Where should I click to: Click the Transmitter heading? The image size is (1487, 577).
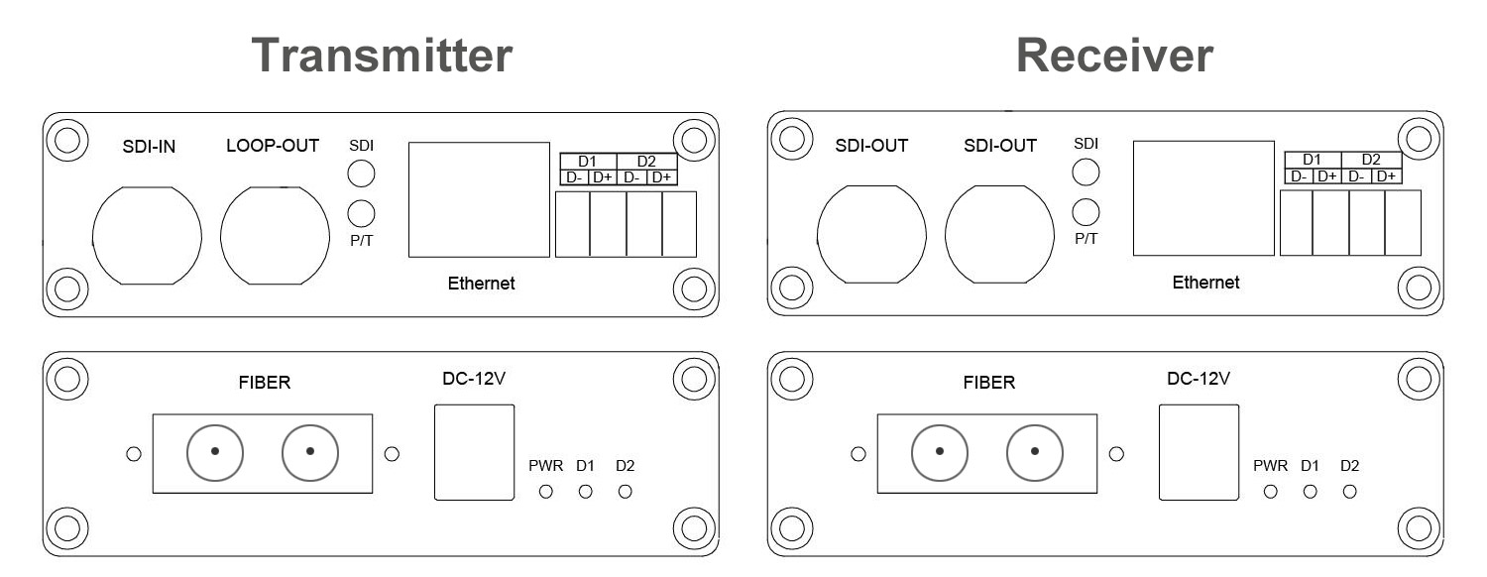382,57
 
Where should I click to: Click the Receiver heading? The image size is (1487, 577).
1114,57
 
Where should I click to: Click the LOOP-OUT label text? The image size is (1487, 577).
273,146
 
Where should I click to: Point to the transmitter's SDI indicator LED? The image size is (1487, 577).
362,174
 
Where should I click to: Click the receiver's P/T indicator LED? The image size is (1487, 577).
1087,210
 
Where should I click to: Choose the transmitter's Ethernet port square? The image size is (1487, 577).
479,200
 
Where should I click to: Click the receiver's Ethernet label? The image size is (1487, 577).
1205,283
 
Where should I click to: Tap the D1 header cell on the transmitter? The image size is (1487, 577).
588,161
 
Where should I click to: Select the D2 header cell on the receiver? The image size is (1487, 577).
1371,159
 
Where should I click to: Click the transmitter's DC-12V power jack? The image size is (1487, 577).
475,452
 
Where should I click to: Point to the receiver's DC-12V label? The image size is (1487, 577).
1198,378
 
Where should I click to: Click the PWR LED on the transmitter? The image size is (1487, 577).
545,491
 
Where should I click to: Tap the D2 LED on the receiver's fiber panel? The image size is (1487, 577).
1349,491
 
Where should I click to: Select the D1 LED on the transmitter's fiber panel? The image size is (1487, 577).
585,491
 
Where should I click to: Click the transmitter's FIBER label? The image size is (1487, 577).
264,383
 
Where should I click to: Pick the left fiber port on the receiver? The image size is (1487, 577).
940,452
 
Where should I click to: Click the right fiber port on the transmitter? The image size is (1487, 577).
310,452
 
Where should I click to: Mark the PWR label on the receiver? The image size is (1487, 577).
1270,466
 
